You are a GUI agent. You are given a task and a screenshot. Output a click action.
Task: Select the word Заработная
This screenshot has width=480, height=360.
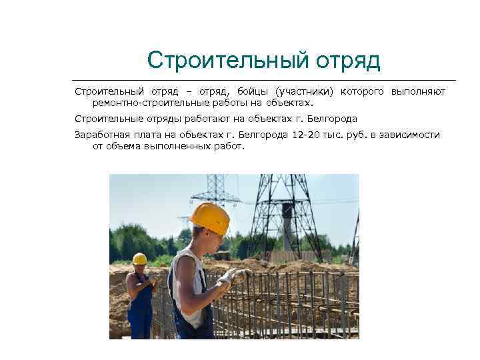point(102,134)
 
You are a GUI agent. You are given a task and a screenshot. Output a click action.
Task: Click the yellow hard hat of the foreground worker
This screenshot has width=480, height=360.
point(210,217)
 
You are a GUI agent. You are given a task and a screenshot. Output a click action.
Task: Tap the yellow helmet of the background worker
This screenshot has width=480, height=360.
point(139,259)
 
